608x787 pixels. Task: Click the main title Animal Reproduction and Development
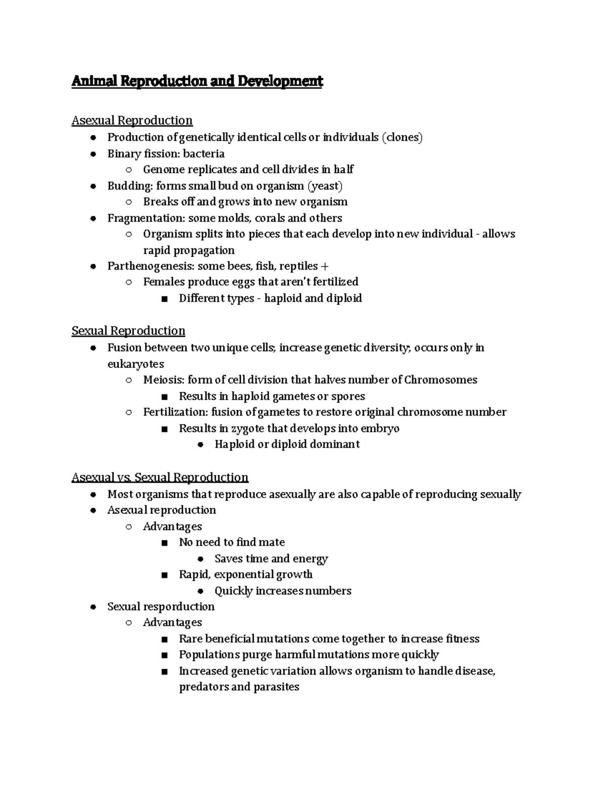[197, 81]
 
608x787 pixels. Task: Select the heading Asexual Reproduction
[132, 121]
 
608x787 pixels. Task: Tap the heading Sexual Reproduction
[128, 331]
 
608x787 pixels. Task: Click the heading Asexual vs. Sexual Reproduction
[160, 477]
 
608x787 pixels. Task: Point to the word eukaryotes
[135, 364]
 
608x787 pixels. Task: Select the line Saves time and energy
[271, 558]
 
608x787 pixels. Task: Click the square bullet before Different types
[164, 299]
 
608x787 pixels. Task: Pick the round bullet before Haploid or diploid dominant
[200, 444]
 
